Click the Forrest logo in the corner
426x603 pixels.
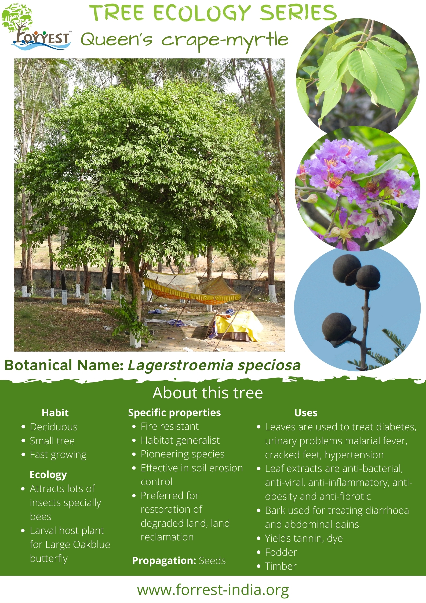36,27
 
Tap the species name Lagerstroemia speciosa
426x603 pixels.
214,366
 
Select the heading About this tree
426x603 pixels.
207,393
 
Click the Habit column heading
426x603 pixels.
55,413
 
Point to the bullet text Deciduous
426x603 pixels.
54,427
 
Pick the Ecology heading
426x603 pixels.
48,475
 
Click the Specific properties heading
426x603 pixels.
174,413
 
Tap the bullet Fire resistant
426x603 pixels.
170,426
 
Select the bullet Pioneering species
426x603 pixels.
183,454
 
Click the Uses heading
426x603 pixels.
306,413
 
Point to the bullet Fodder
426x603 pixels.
281,553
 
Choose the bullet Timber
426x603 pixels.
281,566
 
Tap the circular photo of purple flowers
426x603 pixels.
357,189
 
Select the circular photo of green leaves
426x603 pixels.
358,76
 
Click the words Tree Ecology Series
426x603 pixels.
213,13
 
